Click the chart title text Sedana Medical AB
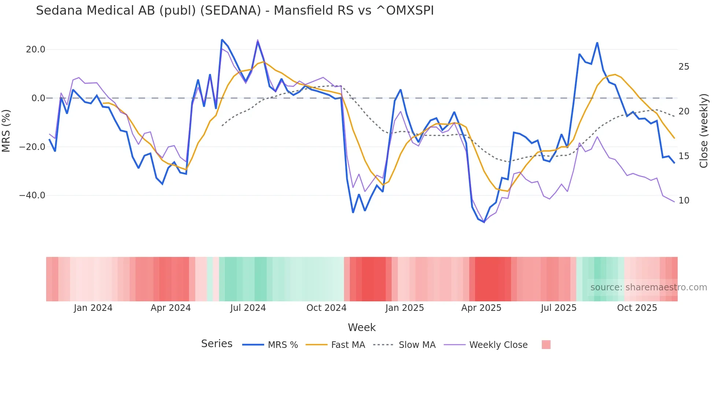pos(234,11)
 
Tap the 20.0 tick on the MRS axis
pos(36,49)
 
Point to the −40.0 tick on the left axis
pos(32,195)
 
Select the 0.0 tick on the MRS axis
pos(38,98)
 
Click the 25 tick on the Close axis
pos(684,67)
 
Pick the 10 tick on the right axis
pos(684,201)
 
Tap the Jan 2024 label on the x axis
pos(93,308)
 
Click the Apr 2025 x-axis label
pos(481,308)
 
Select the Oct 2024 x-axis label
pos(326,308)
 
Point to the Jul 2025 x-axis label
pos(558,308)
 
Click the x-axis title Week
pos(362,327)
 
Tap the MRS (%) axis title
pos(6,131)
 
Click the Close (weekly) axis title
pos(703,131)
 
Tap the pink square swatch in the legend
pos(546,345)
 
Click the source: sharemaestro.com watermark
pos(648,287)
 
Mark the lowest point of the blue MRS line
pos(484,222)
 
